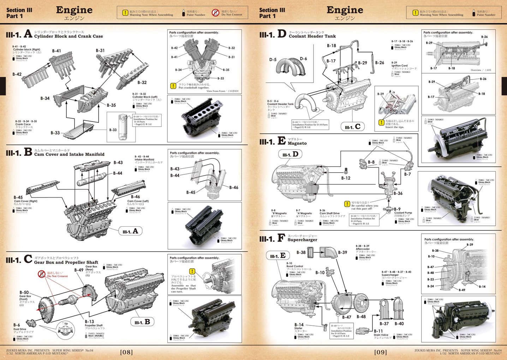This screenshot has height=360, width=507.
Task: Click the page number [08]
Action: coord(126,352)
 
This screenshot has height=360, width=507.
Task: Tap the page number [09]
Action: coord(380,352)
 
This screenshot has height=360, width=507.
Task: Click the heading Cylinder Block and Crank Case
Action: coord(68,36)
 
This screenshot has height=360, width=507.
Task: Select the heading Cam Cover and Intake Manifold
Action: coord(69,154)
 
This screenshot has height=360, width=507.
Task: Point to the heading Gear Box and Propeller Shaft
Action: coord(66,262)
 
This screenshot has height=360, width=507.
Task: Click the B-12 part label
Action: coord(346,178)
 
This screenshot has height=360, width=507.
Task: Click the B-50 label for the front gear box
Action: coord(24,292)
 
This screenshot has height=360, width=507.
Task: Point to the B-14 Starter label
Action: coord(299,325)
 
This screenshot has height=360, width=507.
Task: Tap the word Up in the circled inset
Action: coord(66,323)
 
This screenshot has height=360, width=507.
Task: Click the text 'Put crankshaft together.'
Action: coord(194,88)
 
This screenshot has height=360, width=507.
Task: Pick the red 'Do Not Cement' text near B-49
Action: coord(58,276)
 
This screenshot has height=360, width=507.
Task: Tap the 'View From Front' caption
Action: coord(216,91)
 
